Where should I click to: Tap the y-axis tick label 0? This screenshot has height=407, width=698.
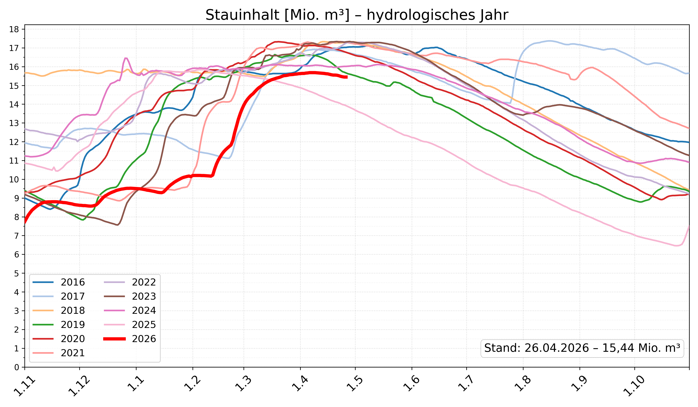(x=17, y=367)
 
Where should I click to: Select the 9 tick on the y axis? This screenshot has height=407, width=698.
(x=17, y=198)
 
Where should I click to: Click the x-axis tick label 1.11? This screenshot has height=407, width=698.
(x=24, y=388)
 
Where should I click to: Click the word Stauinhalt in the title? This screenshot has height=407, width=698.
(x=242, y=15)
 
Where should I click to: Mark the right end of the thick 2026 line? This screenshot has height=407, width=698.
(x=347, y=77)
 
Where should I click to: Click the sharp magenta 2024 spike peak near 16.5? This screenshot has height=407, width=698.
(x=126, y=58)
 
